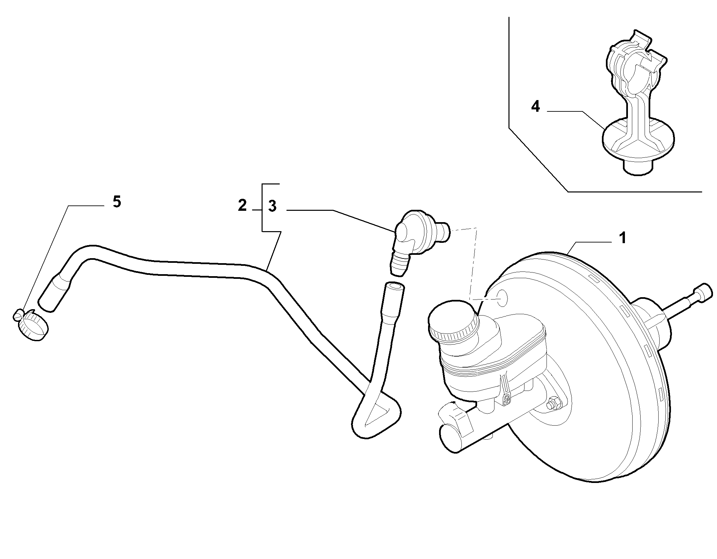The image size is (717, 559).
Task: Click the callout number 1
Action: (622, 238)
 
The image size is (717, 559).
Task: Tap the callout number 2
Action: (242, 205)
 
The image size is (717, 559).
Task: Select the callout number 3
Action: (272, 206)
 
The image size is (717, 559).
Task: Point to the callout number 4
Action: (535, 106)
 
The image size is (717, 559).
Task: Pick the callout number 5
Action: (117, 202)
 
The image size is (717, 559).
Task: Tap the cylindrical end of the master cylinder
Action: (449, 438)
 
